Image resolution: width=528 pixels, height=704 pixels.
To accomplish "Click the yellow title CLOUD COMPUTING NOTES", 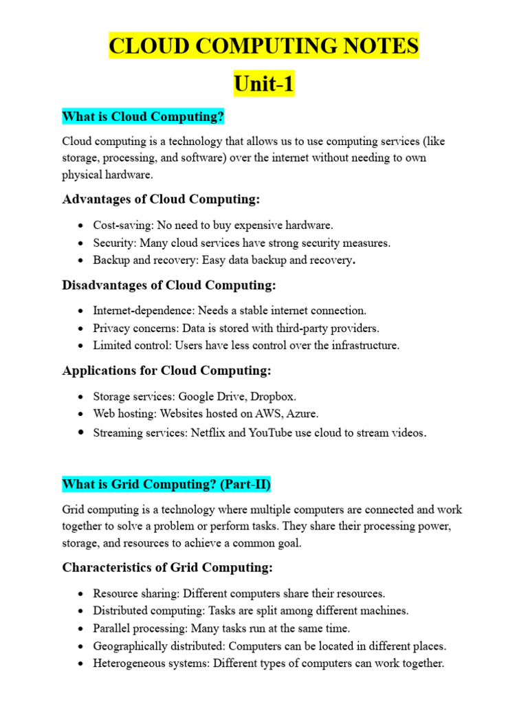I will pyautogui.click(x=264, y=46).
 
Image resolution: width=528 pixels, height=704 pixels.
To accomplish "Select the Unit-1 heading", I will pyautogui.click(x=264, y=84).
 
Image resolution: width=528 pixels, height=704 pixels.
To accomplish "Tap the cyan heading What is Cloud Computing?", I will pyautogui.click(x=143, y=117).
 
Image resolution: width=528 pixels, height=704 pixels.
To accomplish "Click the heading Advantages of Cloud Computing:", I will pyautogui.click(x=161, y=199).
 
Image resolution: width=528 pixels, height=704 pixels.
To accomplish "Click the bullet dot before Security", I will pyautogui.click(x=81, y=243).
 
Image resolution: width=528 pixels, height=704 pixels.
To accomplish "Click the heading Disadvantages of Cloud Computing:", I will pyautogui.click(x=169, y=285).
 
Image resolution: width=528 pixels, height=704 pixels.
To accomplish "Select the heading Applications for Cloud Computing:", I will pyautogui.click(x=166, y=371).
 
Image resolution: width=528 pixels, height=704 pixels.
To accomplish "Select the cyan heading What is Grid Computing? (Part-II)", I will pyautogui.click(x=166, y=485).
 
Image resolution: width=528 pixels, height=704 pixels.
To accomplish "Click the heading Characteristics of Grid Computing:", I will pyautogui.click(x=167, y=568).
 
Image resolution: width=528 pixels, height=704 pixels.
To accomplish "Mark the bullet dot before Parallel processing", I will pyautogui.click(x=81, y=628).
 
